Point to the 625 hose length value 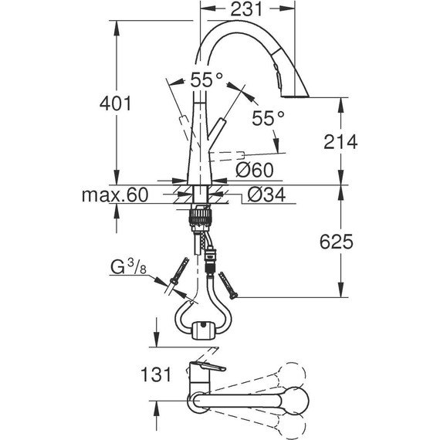click(x=336, y=242)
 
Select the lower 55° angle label click(x=269, y=117)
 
